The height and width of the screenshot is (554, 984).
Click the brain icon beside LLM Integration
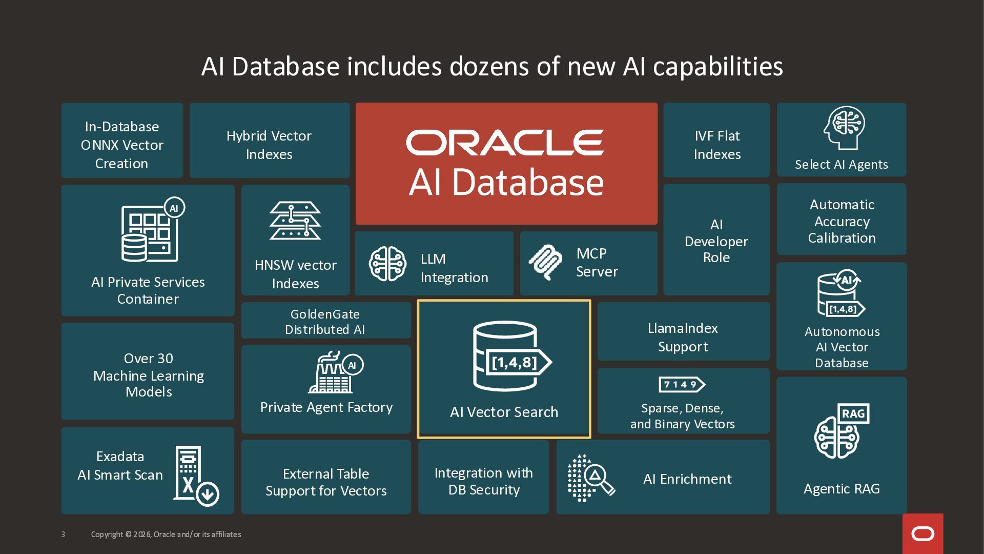tap(387, 264)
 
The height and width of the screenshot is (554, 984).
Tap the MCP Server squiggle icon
tap(545, 262)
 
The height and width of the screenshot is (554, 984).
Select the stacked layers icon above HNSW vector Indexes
tap(295, 221)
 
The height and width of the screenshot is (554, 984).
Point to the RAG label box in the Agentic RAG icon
tap(853, 413)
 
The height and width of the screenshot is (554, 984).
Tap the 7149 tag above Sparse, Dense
tap(682, 384)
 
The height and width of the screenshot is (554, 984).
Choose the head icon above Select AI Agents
tap(844, 128)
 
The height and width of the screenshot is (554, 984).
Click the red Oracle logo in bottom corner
tap(922, 533)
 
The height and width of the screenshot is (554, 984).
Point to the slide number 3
tap(63, 535)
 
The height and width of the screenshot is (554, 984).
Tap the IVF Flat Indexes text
tap(717, 145)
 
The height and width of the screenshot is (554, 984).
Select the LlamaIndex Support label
tap(683, 338)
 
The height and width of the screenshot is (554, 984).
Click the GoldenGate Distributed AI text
tap(325, 322)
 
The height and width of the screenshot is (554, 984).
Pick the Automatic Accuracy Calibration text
tap(842, 221)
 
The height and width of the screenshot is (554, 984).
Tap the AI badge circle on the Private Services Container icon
tap(174, 208)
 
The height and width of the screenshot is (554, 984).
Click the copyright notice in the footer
tap(166, 535)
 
